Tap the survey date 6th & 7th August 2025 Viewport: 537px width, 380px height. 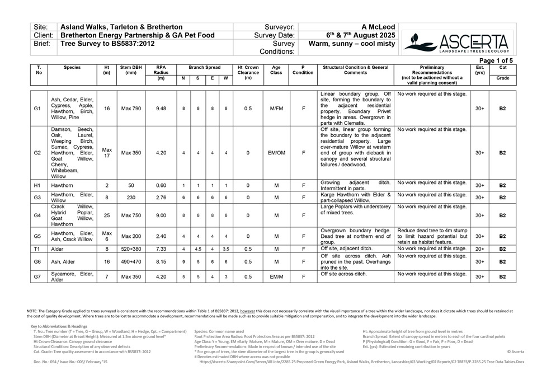pos(352,35)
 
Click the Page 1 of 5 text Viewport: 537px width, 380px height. pos(496,60)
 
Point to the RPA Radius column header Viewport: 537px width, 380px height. pos(161,70)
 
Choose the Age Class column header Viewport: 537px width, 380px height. pos(276,70)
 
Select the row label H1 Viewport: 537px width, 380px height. pos(38,185)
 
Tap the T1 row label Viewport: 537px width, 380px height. pos(38,249)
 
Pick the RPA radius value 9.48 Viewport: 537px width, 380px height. pos(161,108)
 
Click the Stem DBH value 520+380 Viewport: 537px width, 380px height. pos(131,249)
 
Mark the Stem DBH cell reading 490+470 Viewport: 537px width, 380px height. pos(131,261)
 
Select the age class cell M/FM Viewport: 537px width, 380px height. pos(276,108)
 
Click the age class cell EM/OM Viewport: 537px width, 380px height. pos(276,152)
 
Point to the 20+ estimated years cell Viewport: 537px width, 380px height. pos(479,249)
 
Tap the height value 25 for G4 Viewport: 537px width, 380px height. pos(107,215)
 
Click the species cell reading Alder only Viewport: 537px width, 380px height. pos(57,249)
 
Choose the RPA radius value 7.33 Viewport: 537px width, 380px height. pos(161,249)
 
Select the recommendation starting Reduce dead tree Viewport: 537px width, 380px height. pos(432,236)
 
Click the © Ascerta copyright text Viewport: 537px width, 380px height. pos(515,352)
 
